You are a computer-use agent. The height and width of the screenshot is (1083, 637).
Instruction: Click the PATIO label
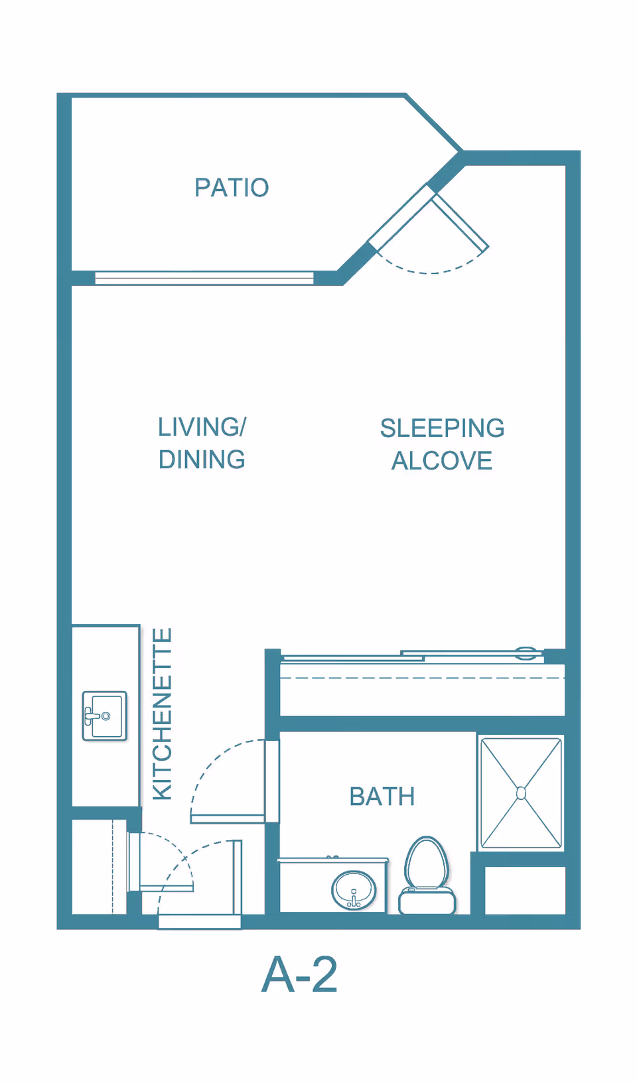(232, 188)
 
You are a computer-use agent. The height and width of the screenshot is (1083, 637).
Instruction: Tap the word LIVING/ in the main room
(202, 427)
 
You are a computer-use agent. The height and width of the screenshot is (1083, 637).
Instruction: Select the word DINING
(202, 460)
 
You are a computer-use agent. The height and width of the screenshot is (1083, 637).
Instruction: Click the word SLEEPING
(442, 428)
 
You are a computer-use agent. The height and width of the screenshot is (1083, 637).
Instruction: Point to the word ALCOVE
(442, 461)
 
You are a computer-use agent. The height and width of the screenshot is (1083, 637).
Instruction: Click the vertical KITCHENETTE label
(163, 714)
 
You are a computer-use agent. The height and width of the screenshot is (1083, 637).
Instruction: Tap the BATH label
(382, 796)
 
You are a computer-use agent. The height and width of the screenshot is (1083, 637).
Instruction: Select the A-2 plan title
(300, 974)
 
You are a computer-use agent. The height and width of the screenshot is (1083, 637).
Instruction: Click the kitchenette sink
(105, 716)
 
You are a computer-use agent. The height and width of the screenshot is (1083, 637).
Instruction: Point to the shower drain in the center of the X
(521, 793)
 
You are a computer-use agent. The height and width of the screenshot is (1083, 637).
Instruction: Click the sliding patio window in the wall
(204, 278)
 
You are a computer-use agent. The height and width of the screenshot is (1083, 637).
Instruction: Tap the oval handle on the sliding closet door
(526, 653)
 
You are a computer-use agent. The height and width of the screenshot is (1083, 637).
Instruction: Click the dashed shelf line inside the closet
(422, 678)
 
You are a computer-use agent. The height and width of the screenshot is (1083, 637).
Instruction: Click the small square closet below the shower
(525, 890)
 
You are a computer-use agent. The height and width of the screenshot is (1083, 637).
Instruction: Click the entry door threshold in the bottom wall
(200, 921)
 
